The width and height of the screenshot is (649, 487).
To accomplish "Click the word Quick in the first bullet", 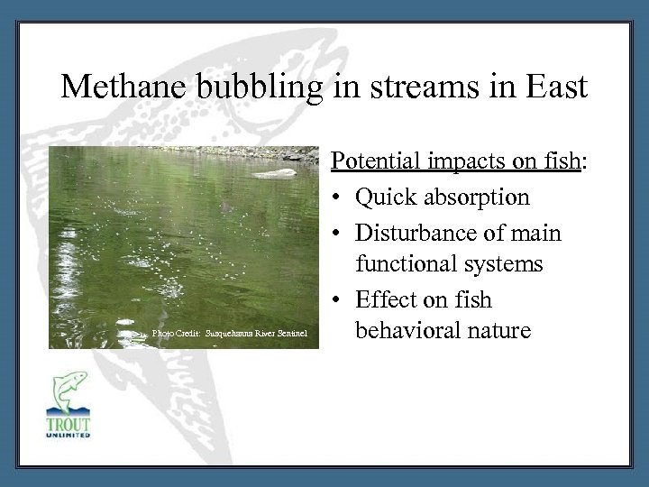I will pos(384,197).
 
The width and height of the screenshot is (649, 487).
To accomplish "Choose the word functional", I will pos(410,264).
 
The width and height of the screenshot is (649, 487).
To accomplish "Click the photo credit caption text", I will pos(231,334).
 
